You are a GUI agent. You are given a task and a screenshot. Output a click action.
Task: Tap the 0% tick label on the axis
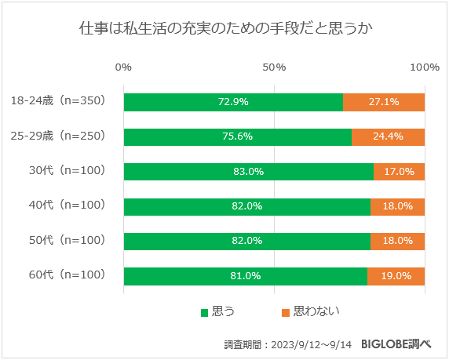123,67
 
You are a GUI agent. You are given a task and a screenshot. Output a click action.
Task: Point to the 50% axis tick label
274,67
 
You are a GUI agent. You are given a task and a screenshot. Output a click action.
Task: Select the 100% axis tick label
425,67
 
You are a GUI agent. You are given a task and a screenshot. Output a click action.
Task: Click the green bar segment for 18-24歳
233,102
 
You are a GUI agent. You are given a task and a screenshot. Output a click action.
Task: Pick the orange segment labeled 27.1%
384,102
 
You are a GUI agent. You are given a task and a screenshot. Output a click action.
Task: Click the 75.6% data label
237,136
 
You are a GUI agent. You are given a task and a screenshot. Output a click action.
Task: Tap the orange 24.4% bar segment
388,136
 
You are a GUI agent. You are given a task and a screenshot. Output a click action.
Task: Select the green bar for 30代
248,171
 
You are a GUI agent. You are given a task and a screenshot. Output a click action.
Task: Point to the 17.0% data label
399,171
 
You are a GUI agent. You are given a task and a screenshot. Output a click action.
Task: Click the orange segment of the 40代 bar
397,206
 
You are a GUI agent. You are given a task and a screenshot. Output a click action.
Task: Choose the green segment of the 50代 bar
246,241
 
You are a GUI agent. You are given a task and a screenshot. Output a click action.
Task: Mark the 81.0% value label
245,276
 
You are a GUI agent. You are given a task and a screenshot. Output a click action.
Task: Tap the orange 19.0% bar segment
396,276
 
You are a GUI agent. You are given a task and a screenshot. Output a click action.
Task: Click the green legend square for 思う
205,312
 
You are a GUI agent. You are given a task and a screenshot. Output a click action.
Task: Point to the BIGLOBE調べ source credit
400,344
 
